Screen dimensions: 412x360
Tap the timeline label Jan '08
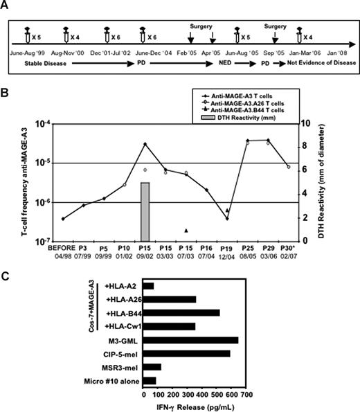point(332,52)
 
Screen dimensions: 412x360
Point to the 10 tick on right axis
point(323,124)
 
